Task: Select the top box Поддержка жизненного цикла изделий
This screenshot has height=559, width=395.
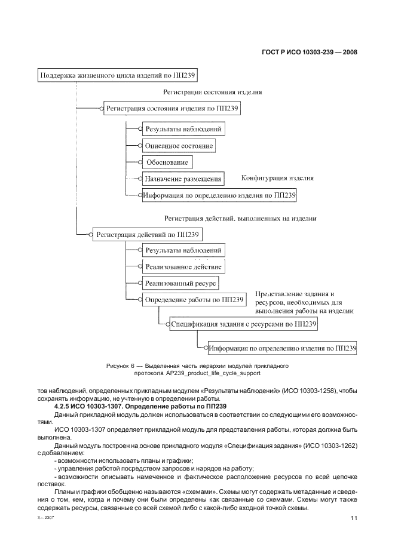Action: coord(117,75)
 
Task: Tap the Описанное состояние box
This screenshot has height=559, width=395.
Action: coord(179,145)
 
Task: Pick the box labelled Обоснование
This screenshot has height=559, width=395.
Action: coord(167,162)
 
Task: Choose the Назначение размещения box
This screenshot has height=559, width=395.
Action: coord(183,178)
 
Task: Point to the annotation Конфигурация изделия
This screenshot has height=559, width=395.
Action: coord(277,178)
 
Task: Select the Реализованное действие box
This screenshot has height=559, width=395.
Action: coord(183,266)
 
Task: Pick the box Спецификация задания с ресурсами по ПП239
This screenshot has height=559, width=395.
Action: coord(243,324)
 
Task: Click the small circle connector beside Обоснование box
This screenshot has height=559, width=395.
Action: coord(141,162)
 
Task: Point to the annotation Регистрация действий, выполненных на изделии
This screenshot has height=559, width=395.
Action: coord(240,219)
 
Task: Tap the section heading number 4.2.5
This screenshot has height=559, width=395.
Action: coord(63,406)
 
